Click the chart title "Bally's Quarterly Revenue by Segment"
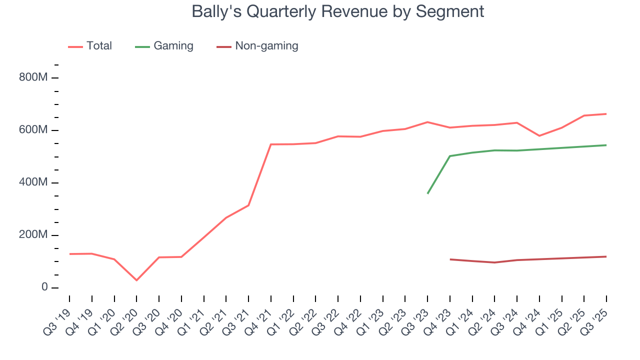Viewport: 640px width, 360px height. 338,11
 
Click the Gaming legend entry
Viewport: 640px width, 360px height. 164,46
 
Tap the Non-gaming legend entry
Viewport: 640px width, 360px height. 257,46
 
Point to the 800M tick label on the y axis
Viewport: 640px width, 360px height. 33,78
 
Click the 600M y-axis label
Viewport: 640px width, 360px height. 33,130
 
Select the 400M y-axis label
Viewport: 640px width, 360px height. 33,183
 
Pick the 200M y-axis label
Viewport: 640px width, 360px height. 33,235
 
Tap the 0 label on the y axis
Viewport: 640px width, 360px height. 44,288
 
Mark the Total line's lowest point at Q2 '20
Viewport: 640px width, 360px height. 136,280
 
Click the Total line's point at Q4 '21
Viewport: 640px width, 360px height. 270,144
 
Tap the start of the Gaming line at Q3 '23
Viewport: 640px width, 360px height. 427,193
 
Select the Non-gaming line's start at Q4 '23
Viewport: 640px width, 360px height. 450,259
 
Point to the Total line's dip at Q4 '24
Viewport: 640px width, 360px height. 539,136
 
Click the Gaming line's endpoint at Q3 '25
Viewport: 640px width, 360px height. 606,145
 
